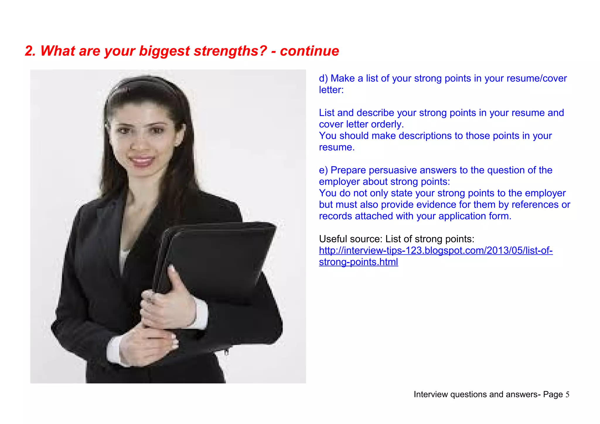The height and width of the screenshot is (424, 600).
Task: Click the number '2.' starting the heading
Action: coord(30,51)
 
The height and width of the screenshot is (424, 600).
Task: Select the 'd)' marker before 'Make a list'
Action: coord(323,79)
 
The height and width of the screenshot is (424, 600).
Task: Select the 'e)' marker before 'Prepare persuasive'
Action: coord(323,170)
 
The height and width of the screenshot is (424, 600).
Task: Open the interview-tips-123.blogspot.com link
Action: coord(436,251)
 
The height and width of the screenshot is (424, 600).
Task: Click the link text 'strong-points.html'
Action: coord(358,262)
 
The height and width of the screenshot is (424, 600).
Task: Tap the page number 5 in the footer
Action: coord(567,394)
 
